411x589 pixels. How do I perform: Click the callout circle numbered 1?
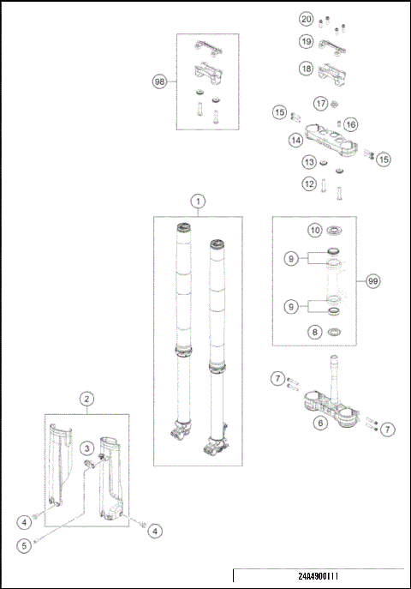tap(198, 201)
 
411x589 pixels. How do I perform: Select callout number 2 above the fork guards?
tap(86, 399)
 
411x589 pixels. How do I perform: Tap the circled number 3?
tap(87, 448)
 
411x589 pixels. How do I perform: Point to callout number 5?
tap(26, 544)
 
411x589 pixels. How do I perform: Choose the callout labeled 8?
tap(314, 332)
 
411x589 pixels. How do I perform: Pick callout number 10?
tap(314, 230)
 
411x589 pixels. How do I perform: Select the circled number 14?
tap(295, 139)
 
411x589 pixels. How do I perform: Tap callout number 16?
tap(351, 125)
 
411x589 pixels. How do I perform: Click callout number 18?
tap(306, 68)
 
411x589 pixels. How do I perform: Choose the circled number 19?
tap(306, 41)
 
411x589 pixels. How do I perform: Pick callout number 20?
tap(306, 19)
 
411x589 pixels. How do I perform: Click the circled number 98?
tap(159, 81)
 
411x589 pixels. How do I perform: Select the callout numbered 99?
tap(372, 280)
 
